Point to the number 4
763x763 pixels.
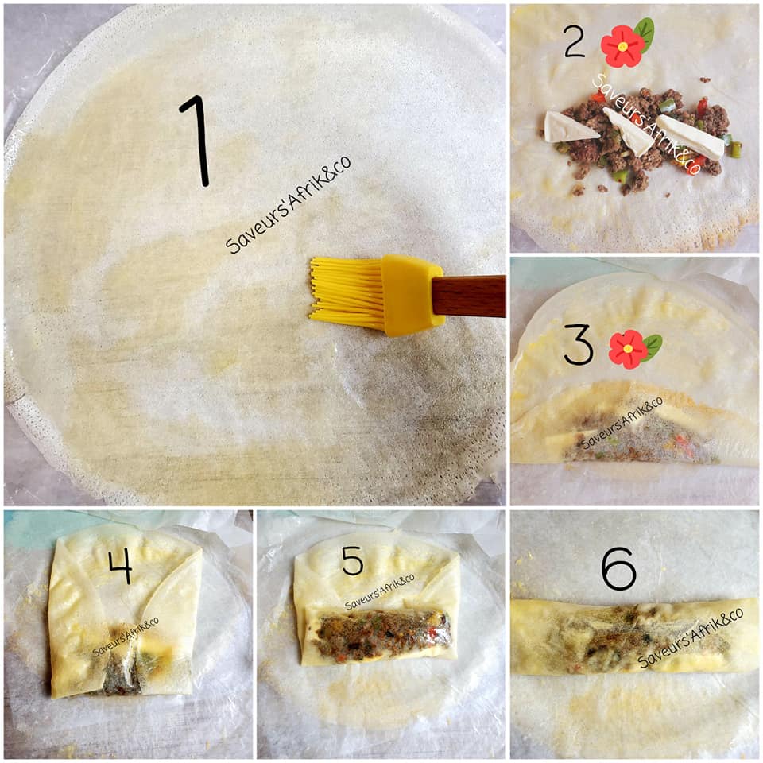pyautogui.click(x=120, y=565)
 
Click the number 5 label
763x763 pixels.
pyautogui.click(x=352, y=560)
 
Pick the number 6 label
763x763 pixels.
pyautogui.click(x=618, y=567)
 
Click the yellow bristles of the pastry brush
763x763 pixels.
pyautogui.click(x=347, y=293)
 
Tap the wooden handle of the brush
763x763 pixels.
pyautogui.click(x=469, y=296)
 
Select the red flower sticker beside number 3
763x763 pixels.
pyautogui.click(x=628, y=349)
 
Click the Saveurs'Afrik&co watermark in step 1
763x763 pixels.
pyautogui.click(x=288, y=204)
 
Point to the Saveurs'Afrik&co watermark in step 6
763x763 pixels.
pyautogui.click(x=690, y=637)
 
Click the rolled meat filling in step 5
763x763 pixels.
pyautogui.click(x=381, y=632)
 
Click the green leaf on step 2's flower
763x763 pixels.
pyautogui.click(x=645, y=34)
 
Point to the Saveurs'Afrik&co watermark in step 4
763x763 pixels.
pyautogui.click(x=126, y=637)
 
